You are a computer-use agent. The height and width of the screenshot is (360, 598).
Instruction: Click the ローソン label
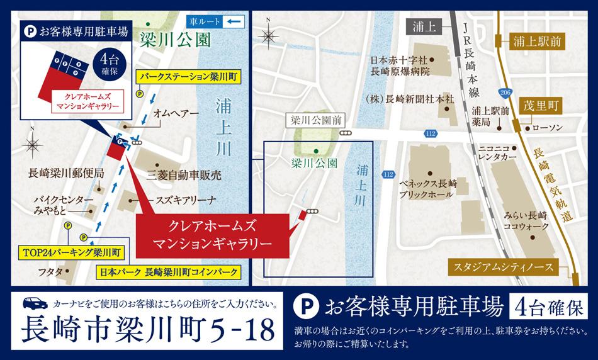pos(547,128)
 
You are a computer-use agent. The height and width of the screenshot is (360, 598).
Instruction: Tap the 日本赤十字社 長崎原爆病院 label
pos(400,66)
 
